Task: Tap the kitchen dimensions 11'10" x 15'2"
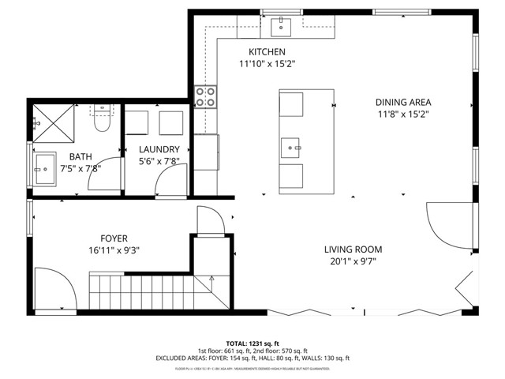(x=267, y=65)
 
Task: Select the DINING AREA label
(x=402, y=102)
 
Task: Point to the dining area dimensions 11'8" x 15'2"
(x=402, y=114)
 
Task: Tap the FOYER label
(x=114, y=238)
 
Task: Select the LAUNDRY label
(x=159, y=149)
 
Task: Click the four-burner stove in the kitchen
(x=206, y=97)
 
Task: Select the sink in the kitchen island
(x=291, y=148)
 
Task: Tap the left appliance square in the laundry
(x=139, y=124)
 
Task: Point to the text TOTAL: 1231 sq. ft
(x=252, y=343)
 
